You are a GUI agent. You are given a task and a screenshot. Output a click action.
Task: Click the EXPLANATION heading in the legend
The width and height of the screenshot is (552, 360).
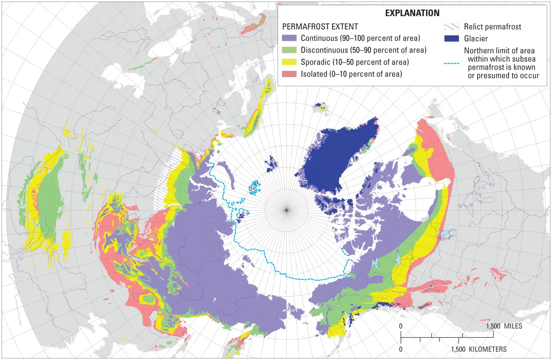[412, 13]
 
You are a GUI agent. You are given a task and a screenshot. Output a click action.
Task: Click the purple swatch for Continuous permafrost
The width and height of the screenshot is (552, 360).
[289, 38]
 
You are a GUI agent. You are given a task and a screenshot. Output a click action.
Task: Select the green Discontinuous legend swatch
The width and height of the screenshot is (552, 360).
[289, 50]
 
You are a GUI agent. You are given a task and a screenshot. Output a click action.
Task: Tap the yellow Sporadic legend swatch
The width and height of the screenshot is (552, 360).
[289, 62]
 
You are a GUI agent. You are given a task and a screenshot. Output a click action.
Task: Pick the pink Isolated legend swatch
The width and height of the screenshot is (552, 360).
[289, 74]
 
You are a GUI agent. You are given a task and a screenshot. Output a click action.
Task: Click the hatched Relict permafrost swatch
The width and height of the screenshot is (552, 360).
[451, 27]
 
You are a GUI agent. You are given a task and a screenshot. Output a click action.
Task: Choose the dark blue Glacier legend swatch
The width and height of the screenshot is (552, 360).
[451, 39]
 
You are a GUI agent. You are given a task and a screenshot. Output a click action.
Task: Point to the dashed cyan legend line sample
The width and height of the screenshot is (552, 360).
[451, 63]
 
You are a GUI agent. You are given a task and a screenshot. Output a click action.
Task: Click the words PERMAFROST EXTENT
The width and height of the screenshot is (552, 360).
[320, 27]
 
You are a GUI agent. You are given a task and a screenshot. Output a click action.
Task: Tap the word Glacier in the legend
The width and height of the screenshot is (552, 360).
[476, 39]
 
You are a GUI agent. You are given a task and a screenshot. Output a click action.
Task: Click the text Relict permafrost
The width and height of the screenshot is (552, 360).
[492, 27]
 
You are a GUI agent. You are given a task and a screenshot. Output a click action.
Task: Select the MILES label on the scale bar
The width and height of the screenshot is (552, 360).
[513, 326]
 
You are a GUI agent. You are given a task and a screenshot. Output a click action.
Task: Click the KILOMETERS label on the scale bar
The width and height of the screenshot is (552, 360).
[488, 349]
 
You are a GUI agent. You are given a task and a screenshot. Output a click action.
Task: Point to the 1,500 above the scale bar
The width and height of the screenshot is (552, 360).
[493, 326]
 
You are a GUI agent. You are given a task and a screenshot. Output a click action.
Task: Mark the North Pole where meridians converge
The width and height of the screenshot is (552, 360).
[286, 209]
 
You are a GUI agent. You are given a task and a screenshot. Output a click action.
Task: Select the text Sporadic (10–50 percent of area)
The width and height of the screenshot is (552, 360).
[355, 62]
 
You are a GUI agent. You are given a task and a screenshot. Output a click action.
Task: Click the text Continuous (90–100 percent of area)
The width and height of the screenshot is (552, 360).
[360, 38]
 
